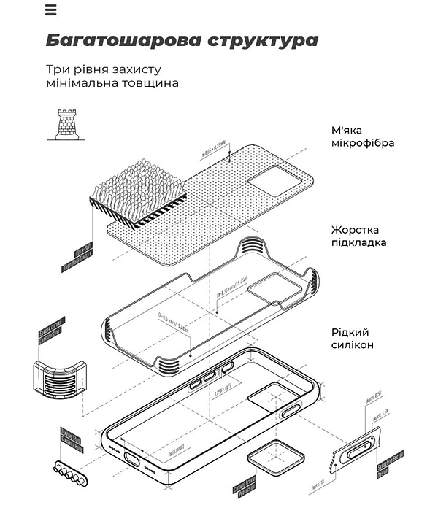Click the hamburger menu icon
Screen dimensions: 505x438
click(x=50, y=10)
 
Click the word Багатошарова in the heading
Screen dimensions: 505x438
click(x=115, y=39)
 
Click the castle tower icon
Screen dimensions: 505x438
click(x=66, y=123)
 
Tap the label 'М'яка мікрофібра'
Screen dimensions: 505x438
click(x=363, y=136)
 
